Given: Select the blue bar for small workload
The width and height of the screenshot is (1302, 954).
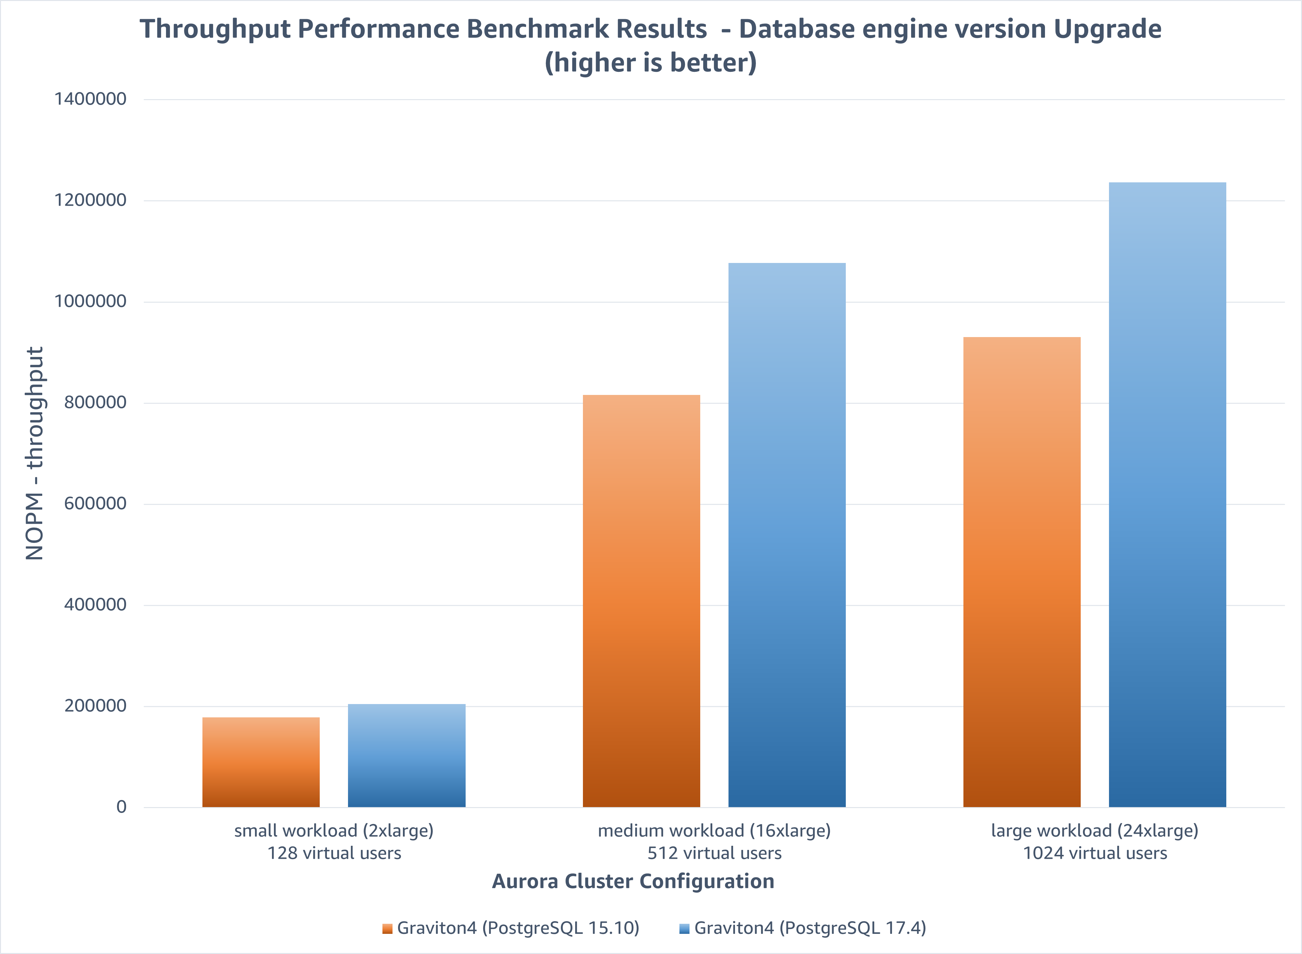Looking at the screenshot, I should pyautogui.click(x=406, y=755).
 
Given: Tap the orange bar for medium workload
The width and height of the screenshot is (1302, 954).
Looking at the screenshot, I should pyautogui.click(x=641, y=601).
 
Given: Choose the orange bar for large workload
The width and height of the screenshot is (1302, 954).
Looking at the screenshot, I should pyautogui.click(x=1022, y=572).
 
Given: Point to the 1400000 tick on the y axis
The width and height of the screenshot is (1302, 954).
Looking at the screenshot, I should pyautogui.click(x=90, y=99).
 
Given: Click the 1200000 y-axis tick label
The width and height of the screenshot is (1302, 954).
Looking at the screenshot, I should pyautogui.click(x=90, y=200).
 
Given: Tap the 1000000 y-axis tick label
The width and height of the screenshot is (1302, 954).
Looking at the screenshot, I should pyautogui.click(x=90, y=301).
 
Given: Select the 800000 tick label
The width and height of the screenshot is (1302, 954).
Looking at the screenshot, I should pyautogui.click(x=95, y=402).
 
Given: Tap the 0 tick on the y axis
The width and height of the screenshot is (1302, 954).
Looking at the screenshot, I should pyautogui.click(x=121, y=807).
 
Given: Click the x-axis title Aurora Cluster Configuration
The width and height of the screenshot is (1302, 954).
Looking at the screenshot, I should pyautogui.click(x=633, y=881).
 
